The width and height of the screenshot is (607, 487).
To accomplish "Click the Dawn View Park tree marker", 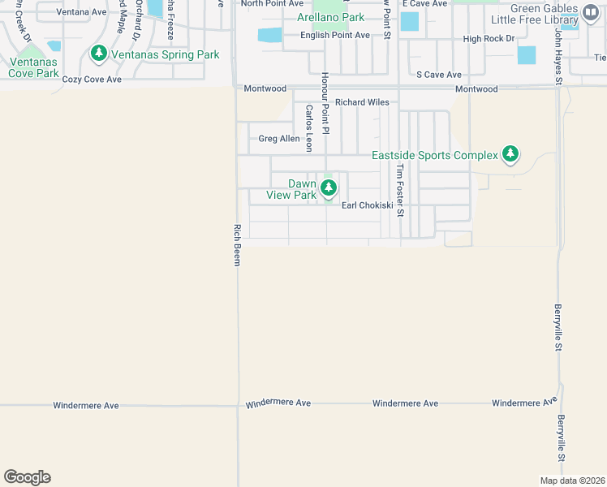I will pos(328,189).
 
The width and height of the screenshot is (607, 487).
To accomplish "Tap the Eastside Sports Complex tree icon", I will pos(510,153).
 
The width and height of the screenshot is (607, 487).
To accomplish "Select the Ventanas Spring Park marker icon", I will pos(99,54).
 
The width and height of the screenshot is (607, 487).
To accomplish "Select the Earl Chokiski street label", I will pos(367,205).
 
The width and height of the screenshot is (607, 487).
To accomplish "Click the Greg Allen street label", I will pos(279,139).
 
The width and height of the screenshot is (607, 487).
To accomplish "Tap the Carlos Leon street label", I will pos(308,128).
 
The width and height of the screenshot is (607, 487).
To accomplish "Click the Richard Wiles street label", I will pos(362,102).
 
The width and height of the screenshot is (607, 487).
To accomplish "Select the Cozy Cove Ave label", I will pos(92,80).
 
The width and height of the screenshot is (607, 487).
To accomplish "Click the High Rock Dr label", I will pos(489,39).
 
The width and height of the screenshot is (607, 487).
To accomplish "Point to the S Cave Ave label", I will pos(439,75).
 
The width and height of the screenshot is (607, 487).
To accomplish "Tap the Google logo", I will pos(27,477).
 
